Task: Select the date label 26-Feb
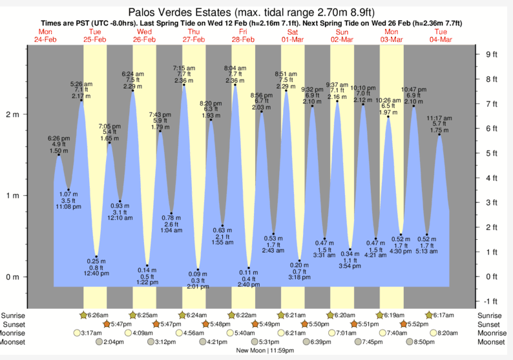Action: click(x=144, y=39)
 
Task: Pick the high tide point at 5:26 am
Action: click(x=81, y=100)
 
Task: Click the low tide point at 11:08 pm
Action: click(x=68, y=189)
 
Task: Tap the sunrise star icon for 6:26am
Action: click(x=83, y=315)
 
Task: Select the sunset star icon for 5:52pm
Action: click(x=404, y=323)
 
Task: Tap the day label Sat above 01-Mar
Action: click(x=293, y=32)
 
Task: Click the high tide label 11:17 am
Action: click(x=439, y=118)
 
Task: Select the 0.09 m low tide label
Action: click(x=198, y=274)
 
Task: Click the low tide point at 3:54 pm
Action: click(x=350, y=249)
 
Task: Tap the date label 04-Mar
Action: click(x=441, y=39)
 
